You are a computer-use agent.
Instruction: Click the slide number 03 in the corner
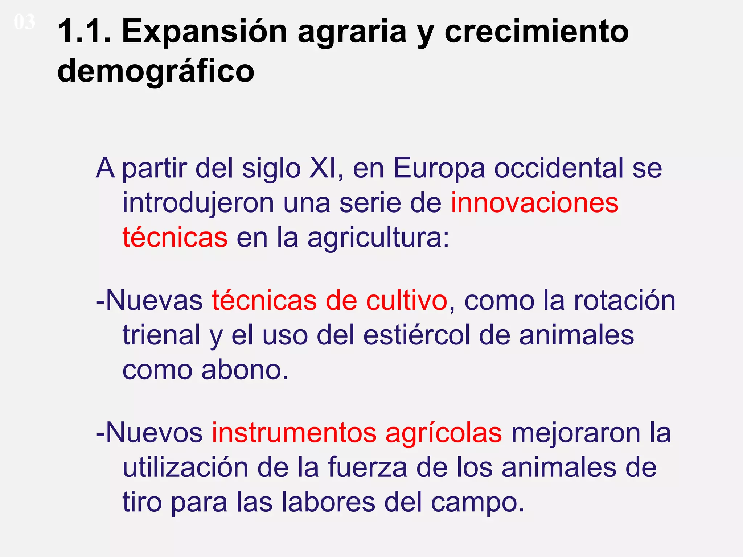point(24,22)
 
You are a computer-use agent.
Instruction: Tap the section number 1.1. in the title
point(85,32)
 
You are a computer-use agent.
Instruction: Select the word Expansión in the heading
point(204,32)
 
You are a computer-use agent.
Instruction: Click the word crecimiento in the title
point(536,32)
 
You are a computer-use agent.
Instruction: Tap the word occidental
point(559,168)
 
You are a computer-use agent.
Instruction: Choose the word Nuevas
point(154,301)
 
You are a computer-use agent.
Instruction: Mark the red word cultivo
point(406,301)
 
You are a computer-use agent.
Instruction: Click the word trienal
point(161,335)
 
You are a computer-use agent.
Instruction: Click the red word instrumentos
point(294,433)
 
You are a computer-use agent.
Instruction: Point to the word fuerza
point(368,467)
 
